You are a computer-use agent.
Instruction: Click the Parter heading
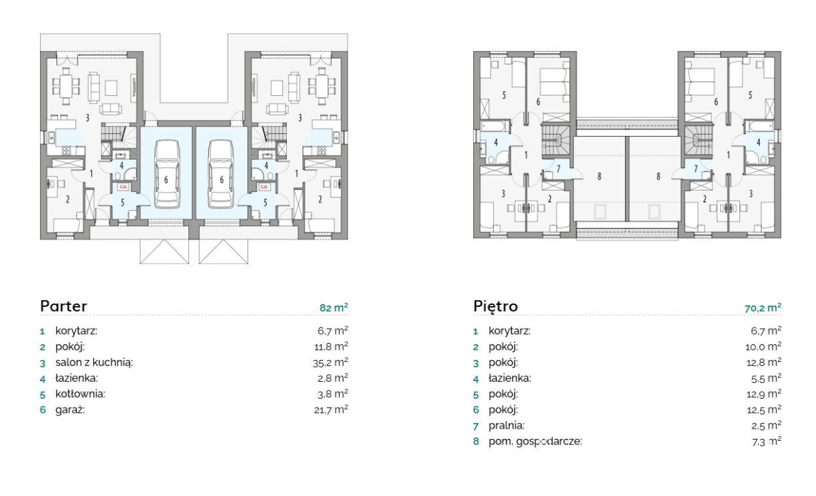point(63,306)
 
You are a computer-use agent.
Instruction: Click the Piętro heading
point(496,306)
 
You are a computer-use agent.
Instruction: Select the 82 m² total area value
point(334,308)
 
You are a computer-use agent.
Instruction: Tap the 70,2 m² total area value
point(763,308)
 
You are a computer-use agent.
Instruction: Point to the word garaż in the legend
point(70,410)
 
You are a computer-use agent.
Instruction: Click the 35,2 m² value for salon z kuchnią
point(330,362)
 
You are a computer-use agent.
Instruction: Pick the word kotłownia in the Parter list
point(80,394)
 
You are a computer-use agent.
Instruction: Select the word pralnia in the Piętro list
point(507,426)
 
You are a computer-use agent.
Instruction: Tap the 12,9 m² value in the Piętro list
point(764,394)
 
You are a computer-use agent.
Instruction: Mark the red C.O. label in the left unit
point(123,187)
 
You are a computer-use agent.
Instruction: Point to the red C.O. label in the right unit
point(264,187)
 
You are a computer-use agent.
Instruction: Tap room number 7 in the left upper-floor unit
point(558,169)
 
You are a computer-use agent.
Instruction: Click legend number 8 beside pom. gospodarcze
point(476,442)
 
